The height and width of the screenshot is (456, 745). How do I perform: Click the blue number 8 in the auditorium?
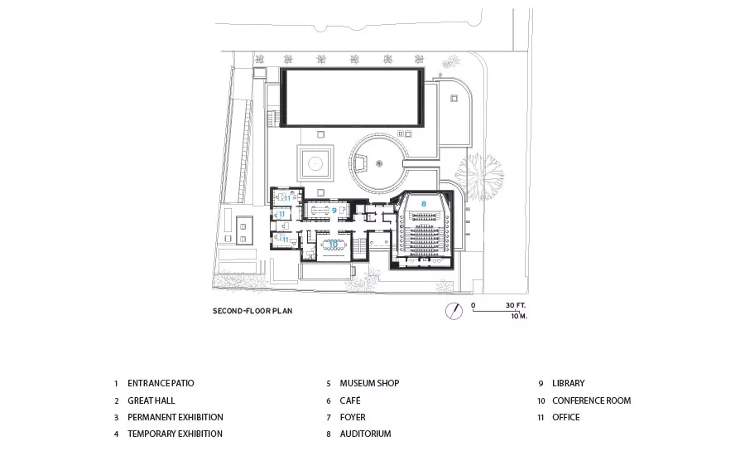pos(424,204)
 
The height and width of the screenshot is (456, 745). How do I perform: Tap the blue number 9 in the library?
pos(334,211)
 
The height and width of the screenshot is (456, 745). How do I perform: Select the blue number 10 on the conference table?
pos(333,245)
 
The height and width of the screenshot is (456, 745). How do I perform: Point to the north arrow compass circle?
pos(454,311)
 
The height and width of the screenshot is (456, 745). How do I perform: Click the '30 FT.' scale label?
pos(516,305)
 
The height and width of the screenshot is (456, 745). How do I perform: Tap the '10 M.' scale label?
pos(519,316)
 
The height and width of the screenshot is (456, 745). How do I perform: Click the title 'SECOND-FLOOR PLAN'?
pos(252,311)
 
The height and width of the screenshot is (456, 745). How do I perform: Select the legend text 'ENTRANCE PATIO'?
pos(161,383)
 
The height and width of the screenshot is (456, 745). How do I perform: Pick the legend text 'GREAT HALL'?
pos(151,400)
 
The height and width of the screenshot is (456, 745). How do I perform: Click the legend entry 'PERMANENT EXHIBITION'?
pos(175,417)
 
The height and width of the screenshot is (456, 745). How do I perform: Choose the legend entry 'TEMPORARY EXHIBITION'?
pos(175,434)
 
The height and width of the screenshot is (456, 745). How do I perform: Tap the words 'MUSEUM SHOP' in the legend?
pos(369,383)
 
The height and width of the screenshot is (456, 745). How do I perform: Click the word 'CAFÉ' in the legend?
pos(350,400)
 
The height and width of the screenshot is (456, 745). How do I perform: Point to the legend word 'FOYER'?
pos(353,417)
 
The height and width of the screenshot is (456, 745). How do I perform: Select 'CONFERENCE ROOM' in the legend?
pos(592,400)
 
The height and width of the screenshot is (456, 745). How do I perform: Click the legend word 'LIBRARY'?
pos(568,383)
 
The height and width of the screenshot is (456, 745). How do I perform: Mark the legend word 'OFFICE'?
pos(566,417)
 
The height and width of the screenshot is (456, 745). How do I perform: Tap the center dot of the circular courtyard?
pos(379,163)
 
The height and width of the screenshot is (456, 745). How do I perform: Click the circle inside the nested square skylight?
pos(315,163)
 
